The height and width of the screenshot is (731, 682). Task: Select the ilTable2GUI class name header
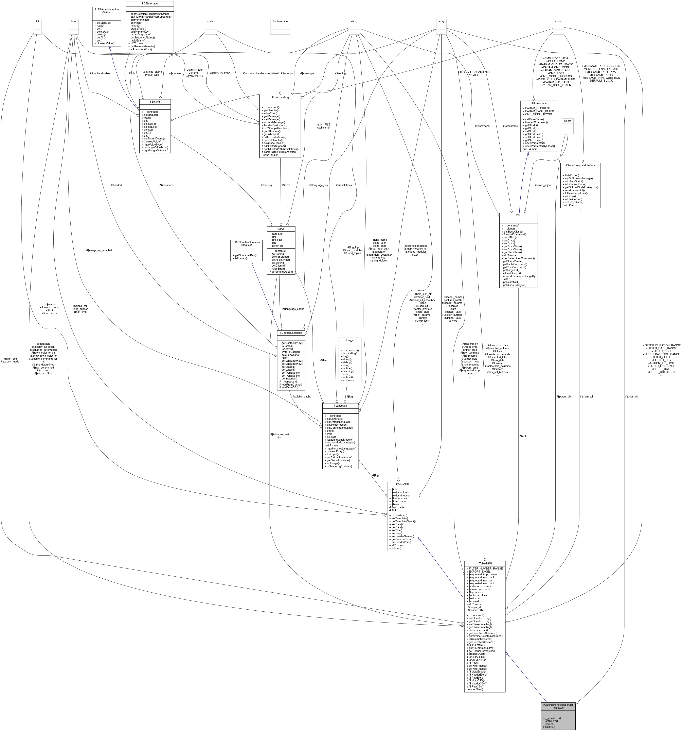(x=485, y=563)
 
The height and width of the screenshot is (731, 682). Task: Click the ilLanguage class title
(x=340, y=406)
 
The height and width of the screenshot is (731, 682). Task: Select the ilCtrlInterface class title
(x=538, y=103)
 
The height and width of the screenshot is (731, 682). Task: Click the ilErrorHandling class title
(x=280, y=97)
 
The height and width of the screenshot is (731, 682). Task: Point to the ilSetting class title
(x=155, y=101)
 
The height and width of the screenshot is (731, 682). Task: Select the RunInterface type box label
(x=280, y=21)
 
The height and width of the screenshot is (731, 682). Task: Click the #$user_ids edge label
(x=631, y=396)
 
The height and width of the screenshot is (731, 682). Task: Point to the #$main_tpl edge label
(x=586, y=396)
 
